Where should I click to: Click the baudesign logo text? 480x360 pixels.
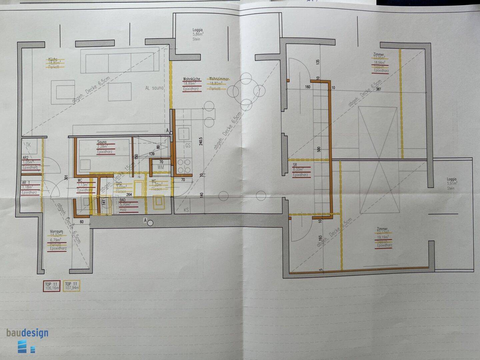(27, 333)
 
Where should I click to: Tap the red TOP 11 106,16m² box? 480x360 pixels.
(52, 286)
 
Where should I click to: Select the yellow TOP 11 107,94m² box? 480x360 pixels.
(72, 286)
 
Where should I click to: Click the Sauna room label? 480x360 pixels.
(102, 142)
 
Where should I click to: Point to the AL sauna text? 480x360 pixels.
(154, 88)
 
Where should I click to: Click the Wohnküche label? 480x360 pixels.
(192, 79)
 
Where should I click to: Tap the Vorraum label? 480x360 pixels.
(56, 231)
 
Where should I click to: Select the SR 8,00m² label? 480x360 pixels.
(295, 165)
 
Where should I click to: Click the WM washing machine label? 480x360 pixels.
(161, 167)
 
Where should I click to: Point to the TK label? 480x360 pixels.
(28, 145)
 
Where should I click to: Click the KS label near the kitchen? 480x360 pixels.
(186, 210)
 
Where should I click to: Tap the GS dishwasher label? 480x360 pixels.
(188, 146)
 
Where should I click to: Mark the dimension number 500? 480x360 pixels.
(319, 149)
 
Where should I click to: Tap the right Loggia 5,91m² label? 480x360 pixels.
(452, 179)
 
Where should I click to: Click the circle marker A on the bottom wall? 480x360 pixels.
(150, 222)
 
